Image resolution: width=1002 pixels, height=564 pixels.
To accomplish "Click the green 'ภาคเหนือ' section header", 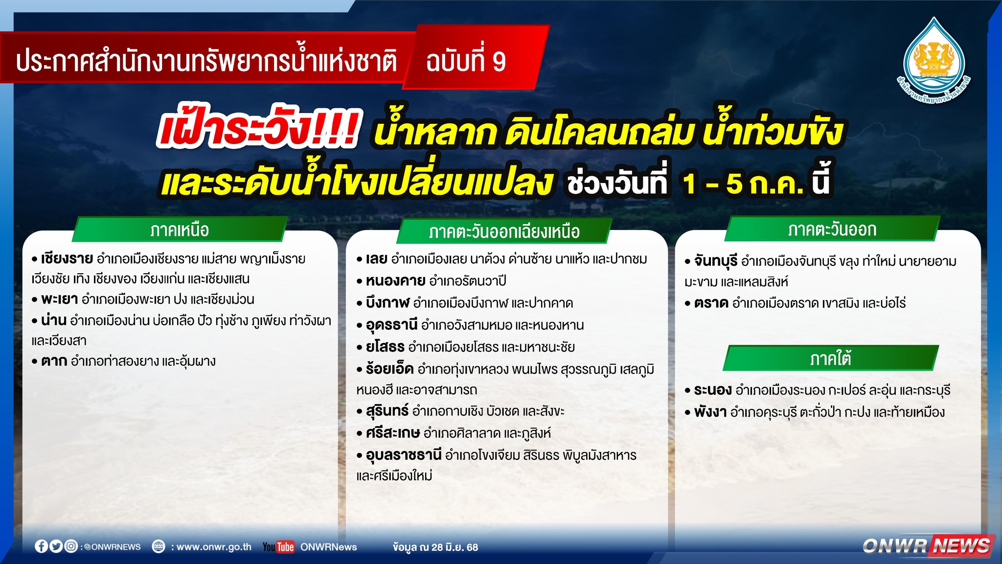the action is point(180,229).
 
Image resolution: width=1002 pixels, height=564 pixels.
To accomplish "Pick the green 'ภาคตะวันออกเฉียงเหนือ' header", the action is point(504,231).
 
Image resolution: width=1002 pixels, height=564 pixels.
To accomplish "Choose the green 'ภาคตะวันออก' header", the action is point(832,229).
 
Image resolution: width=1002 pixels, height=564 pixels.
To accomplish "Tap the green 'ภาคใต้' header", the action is point(831,358).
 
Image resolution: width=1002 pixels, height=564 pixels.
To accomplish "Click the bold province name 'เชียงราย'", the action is point(67,258).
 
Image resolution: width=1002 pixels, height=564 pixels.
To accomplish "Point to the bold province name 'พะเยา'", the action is point(59,299).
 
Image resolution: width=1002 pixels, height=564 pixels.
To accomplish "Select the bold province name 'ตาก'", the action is point(54,361).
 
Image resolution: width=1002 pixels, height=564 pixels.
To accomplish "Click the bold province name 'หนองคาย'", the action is point(395,281).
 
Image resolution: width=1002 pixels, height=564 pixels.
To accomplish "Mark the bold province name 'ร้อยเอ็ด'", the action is point(389,368).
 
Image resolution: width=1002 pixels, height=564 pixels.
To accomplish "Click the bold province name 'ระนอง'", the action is point(713,390).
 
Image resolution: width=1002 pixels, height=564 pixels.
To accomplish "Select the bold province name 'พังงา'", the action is point(710,412).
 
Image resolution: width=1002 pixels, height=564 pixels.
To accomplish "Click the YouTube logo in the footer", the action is point(278,547).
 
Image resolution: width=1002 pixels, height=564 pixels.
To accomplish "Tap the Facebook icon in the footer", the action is point(42,546).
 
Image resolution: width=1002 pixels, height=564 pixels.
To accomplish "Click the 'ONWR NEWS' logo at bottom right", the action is point(928,545).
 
